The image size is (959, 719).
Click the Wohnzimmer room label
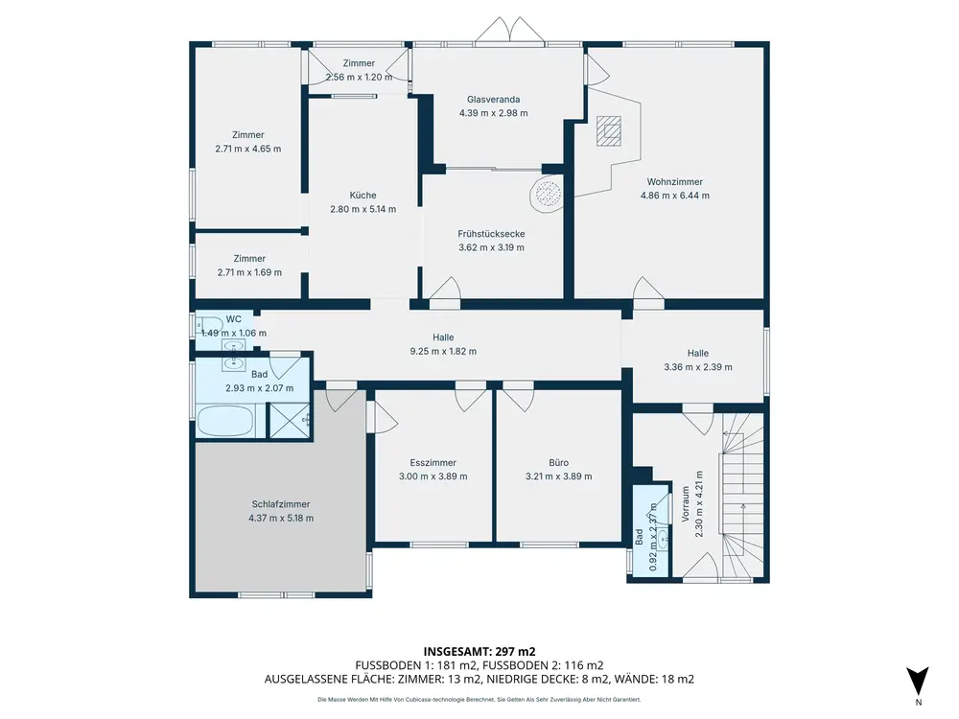point(674,181)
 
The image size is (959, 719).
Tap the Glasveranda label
point(493,99)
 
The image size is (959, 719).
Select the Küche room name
point(363,195)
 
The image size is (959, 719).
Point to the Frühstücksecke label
point(491,234)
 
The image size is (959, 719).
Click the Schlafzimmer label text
point(281,504)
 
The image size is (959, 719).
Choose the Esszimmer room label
point(433,463)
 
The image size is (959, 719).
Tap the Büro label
point(558,463)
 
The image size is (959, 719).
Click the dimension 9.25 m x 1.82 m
point(443,351)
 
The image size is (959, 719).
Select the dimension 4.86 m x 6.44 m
point(674,196)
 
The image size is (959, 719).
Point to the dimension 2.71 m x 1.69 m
point(249,272)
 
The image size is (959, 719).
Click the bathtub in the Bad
point(225,422)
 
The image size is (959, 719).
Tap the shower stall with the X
point(290,421)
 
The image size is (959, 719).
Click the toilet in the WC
point(210,324)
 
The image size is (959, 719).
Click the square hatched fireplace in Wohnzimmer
point(609,130)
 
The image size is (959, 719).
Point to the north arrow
point(918,681)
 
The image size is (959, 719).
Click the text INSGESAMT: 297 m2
point(479,652)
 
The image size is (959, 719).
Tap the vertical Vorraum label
point(685,504)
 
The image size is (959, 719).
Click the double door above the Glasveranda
point(509,30)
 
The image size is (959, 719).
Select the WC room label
point(234,319)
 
